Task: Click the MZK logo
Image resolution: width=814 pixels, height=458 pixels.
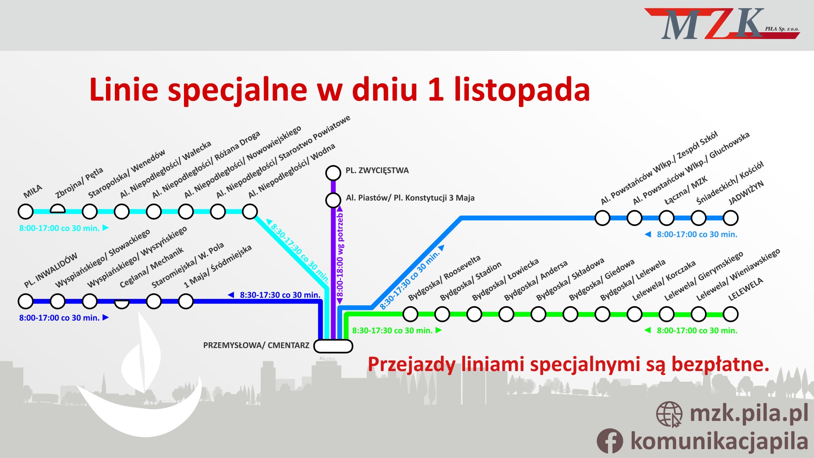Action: pos(722,24)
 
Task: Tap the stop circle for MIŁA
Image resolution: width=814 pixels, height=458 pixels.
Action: pos(26,211)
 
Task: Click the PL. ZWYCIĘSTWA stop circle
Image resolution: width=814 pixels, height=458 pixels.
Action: pos(333,173)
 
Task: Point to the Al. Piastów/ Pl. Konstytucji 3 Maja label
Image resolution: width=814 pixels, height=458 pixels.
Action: pos(410,198)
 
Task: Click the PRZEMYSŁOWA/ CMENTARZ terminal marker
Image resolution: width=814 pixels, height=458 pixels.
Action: pos(333,346)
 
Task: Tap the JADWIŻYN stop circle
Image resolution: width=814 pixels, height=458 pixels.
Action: pos(730,218)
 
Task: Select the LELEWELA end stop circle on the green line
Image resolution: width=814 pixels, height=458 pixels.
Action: pos(730,314)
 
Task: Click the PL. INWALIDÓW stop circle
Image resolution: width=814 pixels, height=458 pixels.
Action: pos(26,302)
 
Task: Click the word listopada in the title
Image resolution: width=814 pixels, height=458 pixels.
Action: pos(522,89)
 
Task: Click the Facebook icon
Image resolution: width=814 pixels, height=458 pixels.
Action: pos(610,441)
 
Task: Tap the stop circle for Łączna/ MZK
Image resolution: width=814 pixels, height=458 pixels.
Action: pos(666,218)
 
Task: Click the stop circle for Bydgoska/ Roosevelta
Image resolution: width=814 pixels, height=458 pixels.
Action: pos(410,314)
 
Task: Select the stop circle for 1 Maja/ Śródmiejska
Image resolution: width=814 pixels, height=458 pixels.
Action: pos(186,302)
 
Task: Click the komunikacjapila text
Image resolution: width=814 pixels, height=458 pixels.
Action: pos(719,441)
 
